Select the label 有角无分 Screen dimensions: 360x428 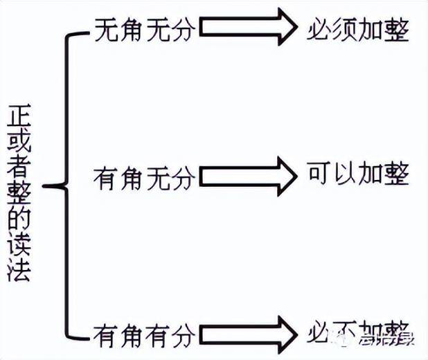click(143, 179)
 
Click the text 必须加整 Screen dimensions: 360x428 click(358, 29)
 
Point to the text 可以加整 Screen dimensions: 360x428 click(358, 174)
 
